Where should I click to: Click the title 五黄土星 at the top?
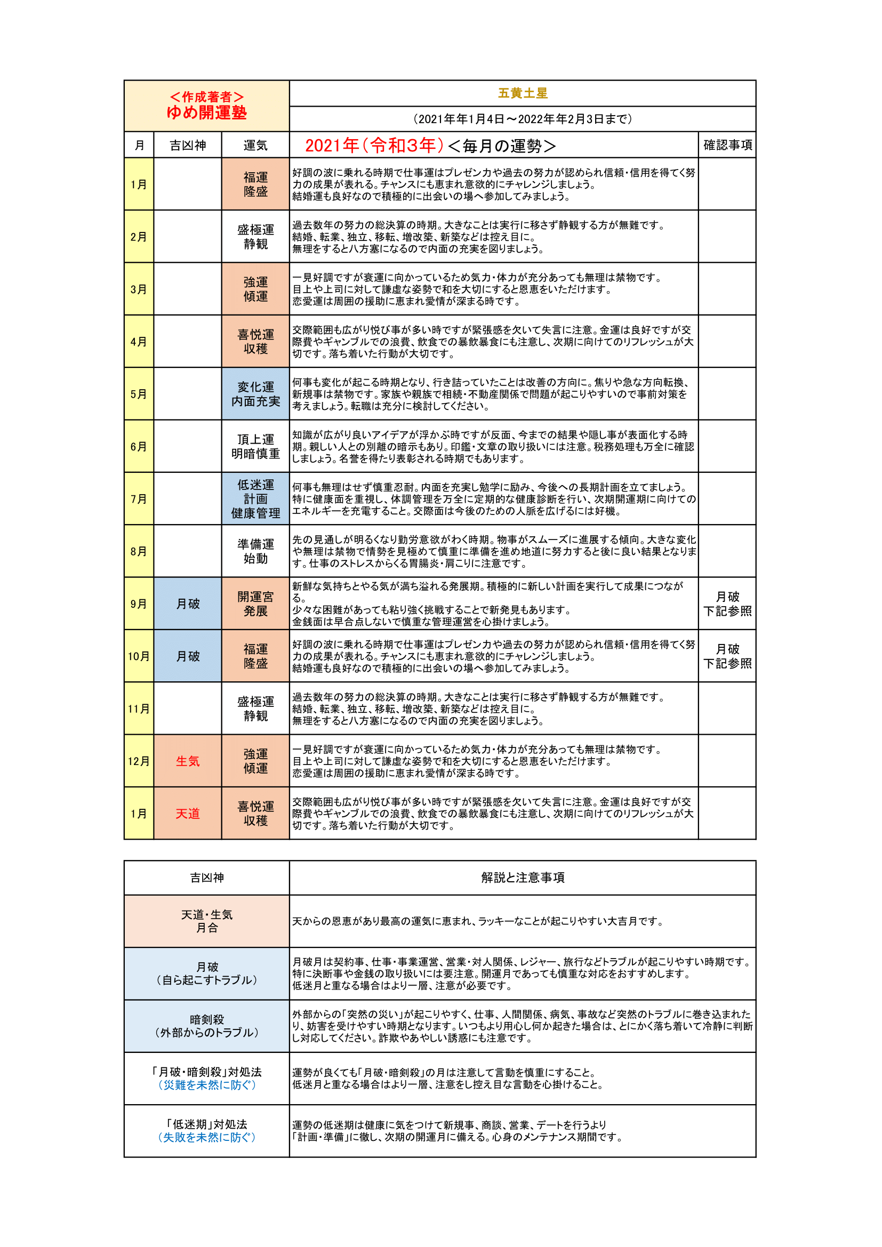point(523,93)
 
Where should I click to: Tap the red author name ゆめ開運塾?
point(206,112)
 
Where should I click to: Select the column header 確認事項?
point(727,145)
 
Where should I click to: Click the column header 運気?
point(255,146)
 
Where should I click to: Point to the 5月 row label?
point(139,395)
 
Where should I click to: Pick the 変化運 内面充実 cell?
point(255,395)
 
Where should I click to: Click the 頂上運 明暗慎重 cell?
point(255,446)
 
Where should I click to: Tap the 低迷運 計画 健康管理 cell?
point(255,499)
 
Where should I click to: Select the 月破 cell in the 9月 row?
point(187,604)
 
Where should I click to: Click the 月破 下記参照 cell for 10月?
point(727,656)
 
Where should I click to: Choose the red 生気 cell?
point(187,761)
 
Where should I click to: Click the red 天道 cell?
point(187,814)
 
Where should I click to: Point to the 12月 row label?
point(139,761)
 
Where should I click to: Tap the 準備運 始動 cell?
point(255,551)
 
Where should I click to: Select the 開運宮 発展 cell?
point(255,604)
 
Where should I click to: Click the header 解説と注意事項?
point(523,878)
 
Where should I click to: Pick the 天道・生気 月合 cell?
point(206,921)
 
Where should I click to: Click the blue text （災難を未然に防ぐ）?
point(206,1084)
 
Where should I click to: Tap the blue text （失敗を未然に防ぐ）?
point(206,1137)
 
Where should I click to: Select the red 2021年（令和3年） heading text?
point(374,146)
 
